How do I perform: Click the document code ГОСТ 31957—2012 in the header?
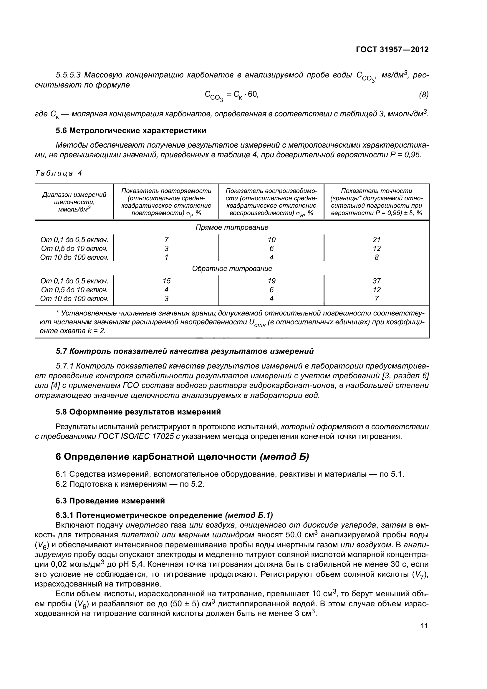(x=392, y=49)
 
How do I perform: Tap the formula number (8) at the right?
(x=423, y=95)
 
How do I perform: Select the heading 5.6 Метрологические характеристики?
(x=131, y=130)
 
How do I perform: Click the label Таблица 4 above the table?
(x=59, y=173)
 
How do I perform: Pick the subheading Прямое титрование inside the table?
(x=232, y=227)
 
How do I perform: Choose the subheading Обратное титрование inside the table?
(x=232, y=269)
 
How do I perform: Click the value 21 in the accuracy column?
(x=376, y=239)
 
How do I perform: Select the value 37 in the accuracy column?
(x=376, y=281)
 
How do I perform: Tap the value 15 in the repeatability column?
(x=166, y=281)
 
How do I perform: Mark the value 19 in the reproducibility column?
(x=271, y=281)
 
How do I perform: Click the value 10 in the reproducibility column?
(x=271, y=239)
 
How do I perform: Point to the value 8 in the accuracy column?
(x=376, y=257)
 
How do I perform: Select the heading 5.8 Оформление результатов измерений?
(x=138, y=412)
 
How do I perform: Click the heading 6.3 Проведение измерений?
(x=110, y=501)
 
